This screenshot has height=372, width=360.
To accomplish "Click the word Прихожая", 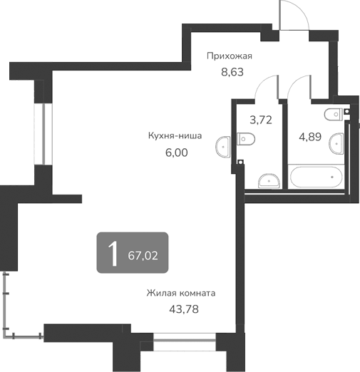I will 230,56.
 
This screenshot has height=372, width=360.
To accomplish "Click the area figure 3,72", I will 260,120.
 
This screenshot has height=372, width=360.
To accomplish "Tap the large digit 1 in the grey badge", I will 113,252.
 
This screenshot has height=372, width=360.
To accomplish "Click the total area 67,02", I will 143,253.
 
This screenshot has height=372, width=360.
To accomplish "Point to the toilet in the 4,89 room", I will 335,114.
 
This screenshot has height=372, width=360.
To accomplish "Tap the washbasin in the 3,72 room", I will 268,180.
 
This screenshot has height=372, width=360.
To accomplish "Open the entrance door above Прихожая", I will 292,16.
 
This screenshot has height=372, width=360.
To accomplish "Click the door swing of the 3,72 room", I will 268,88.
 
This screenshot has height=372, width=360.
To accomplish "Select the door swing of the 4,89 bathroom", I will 299,88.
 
